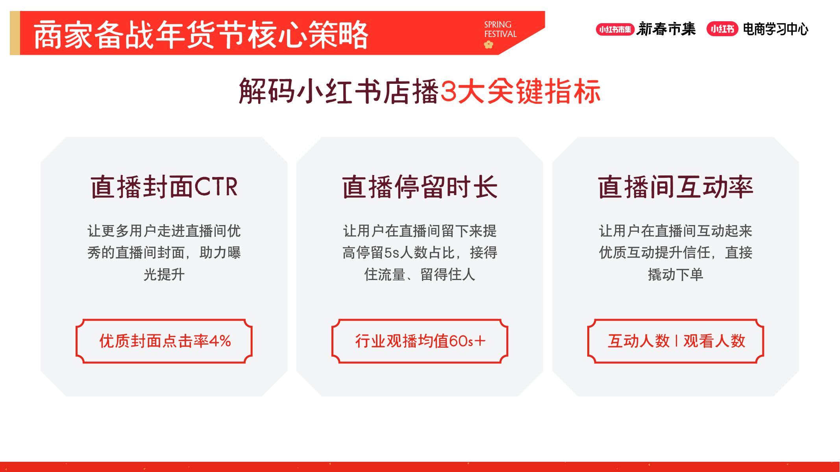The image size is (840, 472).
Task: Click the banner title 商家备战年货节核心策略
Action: click(201, 35)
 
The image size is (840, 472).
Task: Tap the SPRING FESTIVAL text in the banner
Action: click(500, 29)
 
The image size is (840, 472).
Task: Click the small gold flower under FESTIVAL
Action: click(488, 45)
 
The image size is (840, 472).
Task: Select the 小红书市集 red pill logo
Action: click(615, 29)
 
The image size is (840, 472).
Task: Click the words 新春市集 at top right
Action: click(666, 29)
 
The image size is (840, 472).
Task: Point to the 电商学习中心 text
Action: click(775, 29)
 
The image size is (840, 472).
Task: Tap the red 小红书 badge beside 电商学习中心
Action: click(722, 29)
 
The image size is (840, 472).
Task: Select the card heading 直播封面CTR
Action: click(164, 187)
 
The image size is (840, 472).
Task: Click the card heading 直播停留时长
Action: click(420, 187)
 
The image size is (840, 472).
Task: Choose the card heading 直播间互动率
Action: click(675, 187)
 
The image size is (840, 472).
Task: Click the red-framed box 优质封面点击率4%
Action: click(164, 341)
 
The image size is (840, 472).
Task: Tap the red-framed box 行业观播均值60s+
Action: click(420, 341)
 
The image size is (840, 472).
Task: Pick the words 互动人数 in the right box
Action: click(638, 341)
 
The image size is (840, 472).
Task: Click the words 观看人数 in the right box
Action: click(714, 341)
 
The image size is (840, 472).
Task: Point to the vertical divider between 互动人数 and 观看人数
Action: click(676, 341)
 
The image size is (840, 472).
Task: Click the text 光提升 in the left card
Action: click(164, 275)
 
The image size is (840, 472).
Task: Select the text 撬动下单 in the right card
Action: click(675, 275)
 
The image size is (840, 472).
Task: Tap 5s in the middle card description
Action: click(392, 253)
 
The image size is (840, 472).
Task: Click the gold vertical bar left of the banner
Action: click(15, 33)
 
